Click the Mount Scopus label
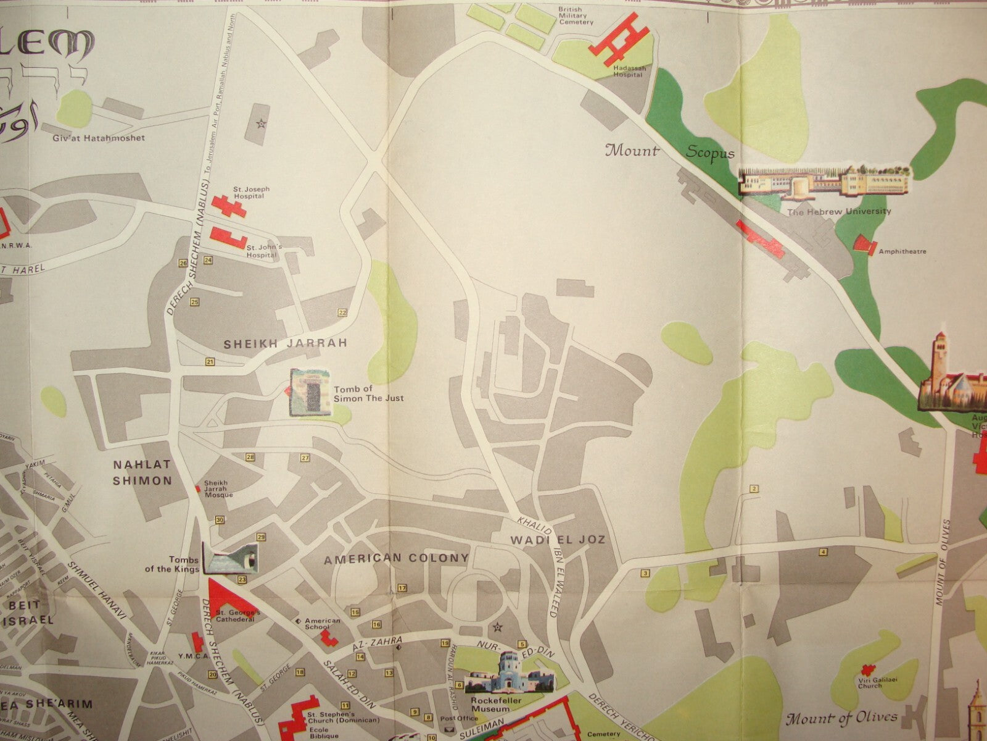click(x=669, y=151)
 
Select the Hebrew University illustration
click(x=825, y=183)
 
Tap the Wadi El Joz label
click(x=557, y=540)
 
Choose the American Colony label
click(x=397, y=558)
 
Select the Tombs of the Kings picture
click(x=233, y=559)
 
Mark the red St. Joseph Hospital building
click(x=228, y=204)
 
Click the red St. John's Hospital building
click(x=228, y=238)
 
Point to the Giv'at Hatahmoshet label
click(x=99, y=138)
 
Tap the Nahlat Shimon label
click(x=142, y=472)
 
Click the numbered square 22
click(x=342, y=312)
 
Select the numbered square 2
click(x=754, y=489)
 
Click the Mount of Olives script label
click(x=841, y=718)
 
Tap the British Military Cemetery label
click(x=576, y=16)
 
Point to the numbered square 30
click(x=220, y=520)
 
